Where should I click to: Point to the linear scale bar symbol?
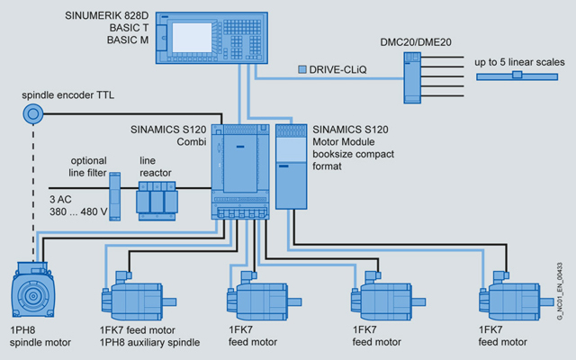pos(517,76)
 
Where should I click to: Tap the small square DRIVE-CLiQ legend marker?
pos(302,68)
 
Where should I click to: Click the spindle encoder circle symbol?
pos(35,114)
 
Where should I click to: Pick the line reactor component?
pos(156,198)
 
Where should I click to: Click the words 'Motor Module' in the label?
pos(341,141)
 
